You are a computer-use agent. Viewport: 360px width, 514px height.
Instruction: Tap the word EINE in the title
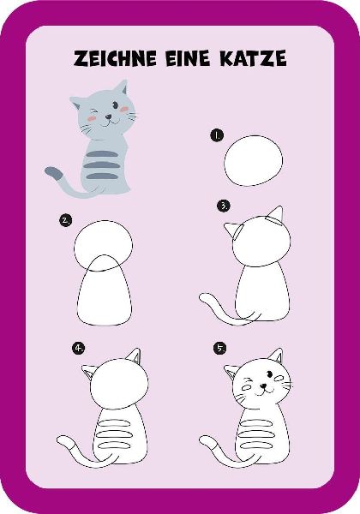(x=188, y=58)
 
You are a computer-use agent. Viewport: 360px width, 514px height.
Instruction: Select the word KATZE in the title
(x=253, y=58)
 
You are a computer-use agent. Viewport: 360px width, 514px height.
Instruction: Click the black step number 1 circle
(x=217, y=135)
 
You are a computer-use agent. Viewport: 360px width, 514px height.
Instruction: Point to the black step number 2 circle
(x=66, y=220)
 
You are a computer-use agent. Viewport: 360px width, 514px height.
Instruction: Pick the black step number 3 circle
(x=224, y=206)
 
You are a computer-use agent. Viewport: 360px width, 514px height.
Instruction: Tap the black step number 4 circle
(x=79, y=348)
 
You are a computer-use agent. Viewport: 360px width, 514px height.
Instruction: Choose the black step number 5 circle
(x=219, y=348)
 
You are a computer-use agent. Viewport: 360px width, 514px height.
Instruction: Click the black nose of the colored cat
(x=108, y=117)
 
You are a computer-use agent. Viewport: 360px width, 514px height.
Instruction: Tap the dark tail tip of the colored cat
(x=54, y=173)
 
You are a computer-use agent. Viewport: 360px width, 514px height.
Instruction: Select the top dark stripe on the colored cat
(x=102, y=153)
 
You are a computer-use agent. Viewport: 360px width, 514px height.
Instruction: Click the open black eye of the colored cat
(x=116, y=105)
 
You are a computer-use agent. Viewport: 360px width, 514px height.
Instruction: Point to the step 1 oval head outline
(x=225, y=161)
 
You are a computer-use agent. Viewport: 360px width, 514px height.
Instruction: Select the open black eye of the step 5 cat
(x=270, y=374)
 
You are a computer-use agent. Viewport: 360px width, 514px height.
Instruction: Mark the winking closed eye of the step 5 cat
(x=248, y=380)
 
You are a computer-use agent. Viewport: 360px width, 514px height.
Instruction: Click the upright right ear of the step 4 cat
(x=135, y=356)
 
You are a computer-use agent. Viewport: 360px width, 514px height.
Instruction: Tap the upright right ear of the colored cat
(x=121, y=87)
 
